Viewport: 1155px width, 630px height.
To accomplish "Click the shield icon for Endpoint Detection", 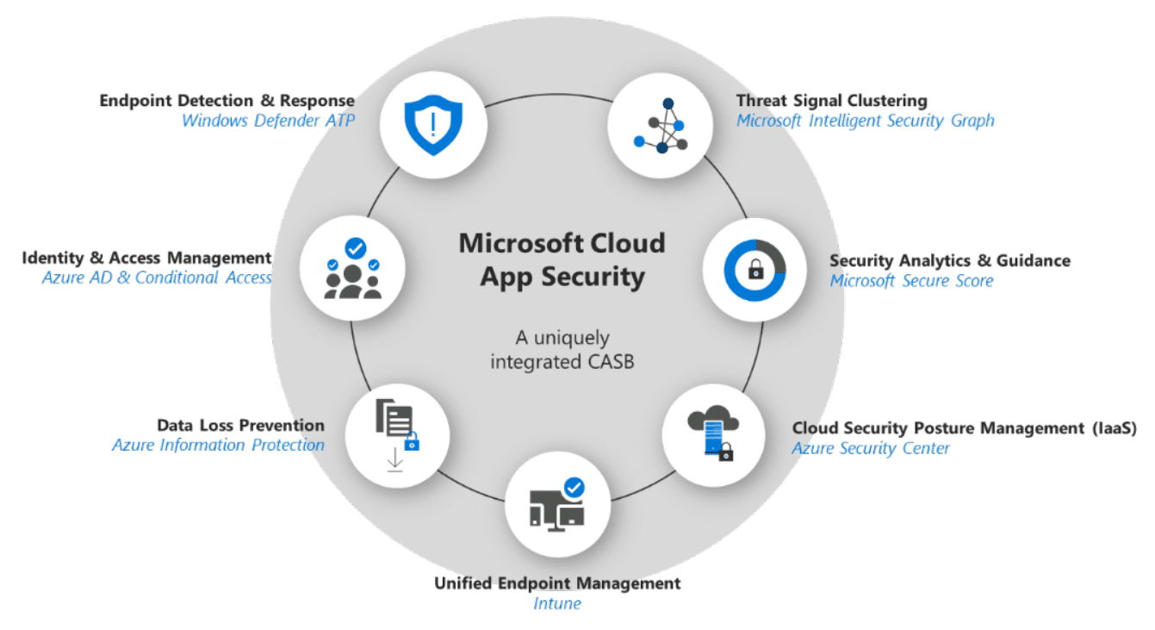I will pyautogui.click(x=433, y=124).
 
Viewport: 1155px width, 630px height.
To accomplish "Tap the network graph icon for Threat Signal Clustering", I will pyautogui.click(x=661, y=127).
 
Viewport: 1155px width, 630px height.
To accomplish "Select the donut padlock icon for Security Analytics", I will pyautogui.click(x=755, y=270).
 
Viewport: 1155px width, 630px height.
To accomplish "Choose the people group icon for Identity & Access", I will pyautogui.click(x=352, y=270).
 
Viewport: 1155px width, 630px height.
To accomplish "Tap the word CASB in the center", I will pyautogui.click(x=610, y=362).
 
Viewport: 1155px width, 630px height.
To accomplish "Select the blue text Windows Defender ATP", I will pyautogui.click(x=269, y=121).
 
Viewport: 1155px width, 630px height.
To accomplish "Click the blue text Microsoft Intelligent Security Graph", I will pyautogui.click(x=865, y=121).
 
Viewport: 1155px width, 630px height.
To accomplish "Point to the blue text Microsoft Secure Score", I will pyautogui.click(x=911, y=281).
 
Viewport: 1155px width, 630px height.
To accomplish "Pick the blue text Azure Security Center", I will pyautogui.click(x=871, y=448).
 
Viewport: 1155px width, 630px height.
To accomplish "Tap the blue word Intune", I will pyautogui.click(x=556, y=603).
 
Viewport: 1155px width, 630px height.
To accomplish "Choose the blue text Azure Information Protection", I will pyautogui.click(x=219, y=446).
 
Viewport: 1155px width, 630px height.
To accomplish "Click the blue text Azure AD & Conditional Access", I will pyautogui.click(x=158, y=278).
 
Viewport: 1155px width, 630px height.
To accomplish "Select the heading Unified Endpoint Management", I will pyautogui.click(x=557, y=583).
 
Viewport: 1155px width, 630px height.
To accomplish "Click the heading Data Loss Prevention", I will pyautogui.click(x=240, y=425).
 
